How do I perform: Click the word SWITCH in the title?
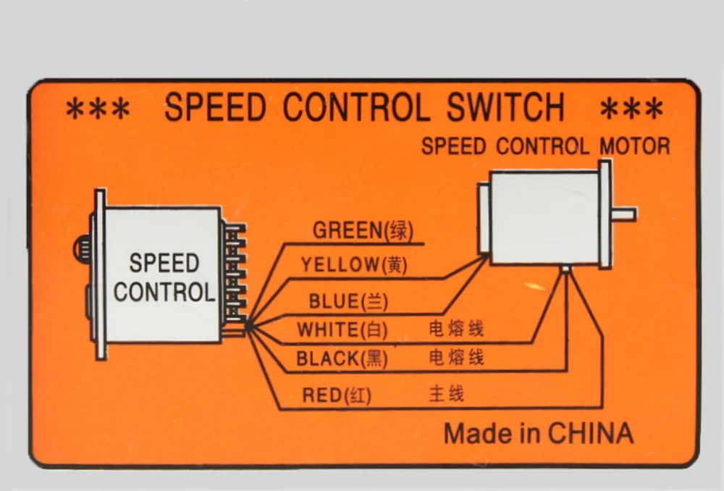point(505,107)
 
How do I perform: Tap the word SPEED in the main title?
point(215,107)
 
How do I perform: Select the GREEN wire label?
point(363,230)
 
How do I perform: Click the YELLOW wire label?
point(354,265)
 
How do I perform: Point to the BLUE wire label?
point(348,301)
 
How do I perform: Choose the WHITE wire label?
point(342,330)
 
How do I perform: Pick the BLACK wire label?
point(342,358)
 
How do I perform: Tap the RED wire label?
point(337,395)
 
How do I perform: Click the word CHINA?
point(591,433)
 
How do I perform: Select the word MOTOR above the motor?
point(635,146)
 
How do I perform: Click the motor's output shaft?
point(624,214)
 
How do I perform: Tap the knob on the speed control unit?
point(82,249)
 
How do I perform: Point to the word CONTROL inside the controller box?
point(164,292)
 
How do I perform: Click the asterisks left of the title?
point(98,110)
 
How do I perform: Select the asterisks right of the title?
point(631,109)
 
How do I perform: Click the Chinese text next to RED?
point(447,394)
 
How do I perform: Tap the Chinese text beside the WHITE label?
point(456,329)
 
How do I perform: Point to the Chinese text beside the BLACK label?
point(456,358)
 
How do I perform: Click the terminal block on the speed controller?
point(235,280)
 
